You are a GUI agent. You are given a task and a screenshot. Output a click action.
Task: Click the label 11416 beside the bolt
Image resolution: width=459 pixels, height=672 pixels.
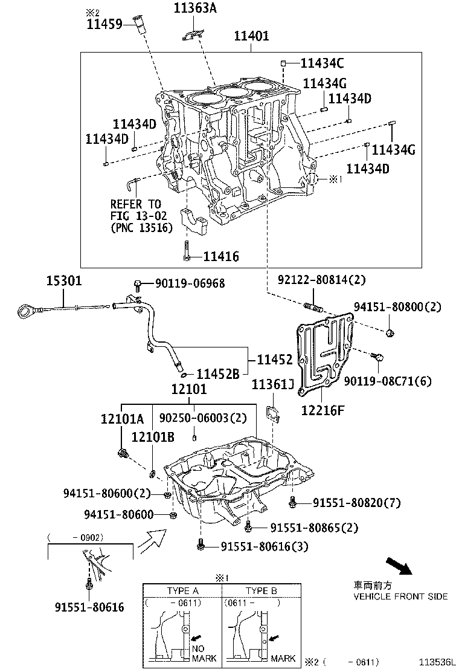tap(220, 257)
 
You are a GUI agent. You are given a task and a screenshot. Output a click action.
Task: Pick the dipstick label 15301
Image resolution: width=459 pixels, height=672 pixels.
tap(64, 281)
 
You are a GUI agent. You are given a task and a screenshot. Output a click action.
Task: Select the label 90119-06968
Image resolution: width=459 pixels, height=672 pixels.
tap(181, 283)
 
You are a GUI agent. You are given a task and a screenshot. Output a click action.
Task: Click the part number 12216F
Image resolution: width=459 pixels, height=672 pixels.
tap(323, 411)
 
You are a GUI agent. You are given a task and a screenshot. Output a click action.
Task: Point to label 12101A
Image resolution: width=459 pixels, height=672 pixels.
tap(122, 419)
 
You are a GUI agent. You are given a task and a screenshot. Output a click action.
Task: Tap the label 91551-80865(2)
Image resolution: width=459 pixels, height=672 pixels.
tap(313, 528)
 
